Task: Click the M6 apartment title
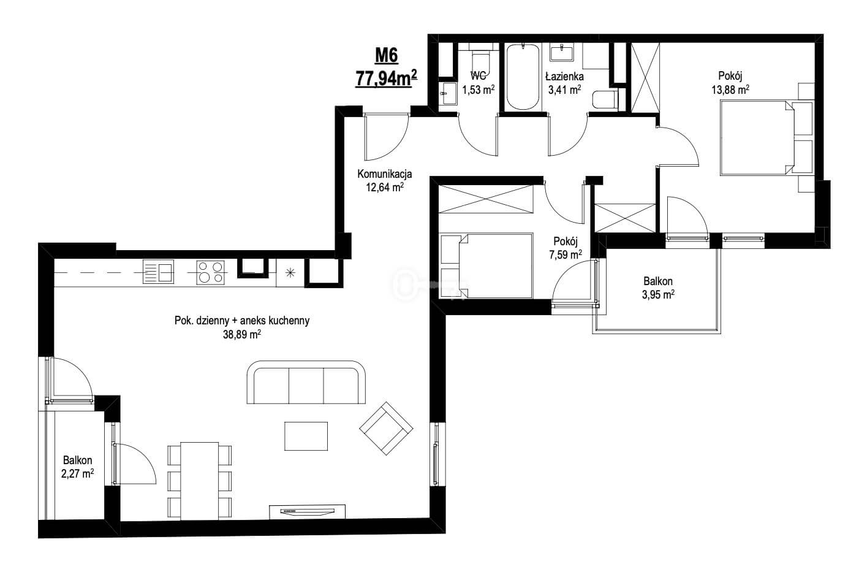386,56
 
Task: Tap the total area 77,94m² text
387,78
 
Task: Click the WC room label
478,75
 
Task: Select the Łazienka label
564,76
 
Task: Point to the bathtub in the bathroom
522,77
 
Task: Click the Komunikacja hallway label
385,174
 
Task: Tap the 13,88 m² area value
730,90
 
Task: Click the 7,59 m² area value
566,254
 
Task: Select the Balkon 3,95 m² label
658,288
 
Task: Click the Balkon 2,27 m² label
77,467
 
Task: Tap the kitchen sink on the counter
158,272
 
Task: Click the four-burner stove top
211,272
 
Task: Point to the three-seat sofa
306,382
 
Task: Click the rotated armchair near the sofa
386,428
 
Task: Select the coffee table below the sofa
306,436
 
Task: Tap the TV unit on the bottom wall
307,512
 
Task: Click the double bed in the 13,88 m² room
766,138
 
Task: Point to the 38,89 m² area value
242,335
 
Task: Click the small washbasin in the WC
447,93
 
